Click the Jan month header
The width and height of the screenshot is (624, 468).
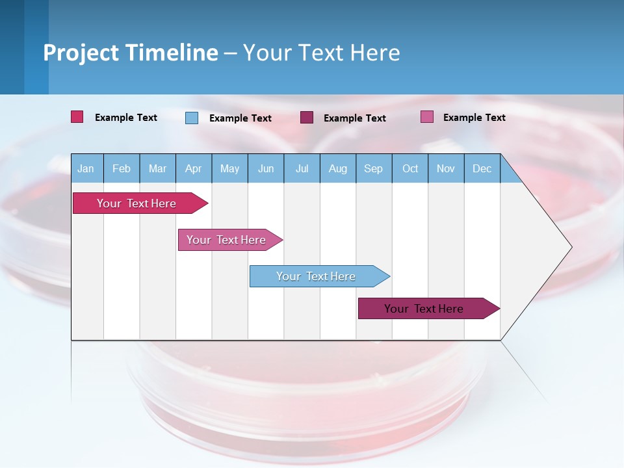tap(86, 168)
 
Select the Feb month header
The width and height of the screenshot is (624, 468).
tap(122, 168)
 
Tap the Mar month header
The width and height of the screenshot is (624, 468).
tap(157, 168)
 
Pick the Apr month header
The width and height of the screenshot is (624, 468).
tap(193, 168)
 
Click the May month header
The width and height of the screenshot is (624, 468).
tap(229, 168)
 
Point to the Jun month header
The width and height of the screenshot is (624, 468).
tap(266, 168)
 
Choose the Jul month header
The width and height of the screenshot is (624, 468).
tap(302, 168)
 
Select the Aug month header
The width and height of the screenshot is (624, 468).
tap(337, 168)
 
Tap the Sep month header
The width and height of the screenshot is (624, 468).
tap(373, 168)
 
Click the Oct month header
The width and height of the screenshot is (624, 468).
tap(410, 168)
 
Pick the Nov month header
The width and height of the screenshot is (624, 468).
tap(446, 168)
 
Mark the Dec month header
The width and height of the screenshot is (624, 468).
tap(482, 168)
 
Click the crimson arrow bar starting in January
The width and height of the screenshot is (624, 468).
tap(137, 203)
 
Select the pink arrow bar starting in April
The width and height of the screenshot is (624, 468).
tap(227, 240)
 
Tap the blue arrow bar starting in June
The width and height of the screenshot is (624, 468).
tap(317, 276)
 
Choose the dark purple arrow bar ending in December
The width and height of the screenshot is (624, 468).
tap(424, 309)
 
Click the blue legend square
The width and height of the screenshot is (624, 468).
tap(192, 118)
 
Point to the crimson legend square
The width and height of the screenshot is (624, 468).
tap(77, 117)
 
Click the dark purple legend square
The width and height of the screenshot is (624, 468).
tap(307, 118)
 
